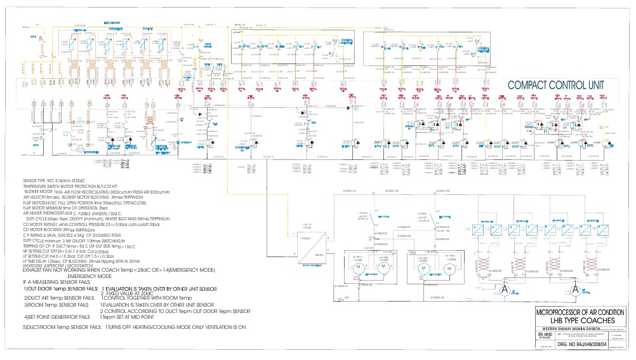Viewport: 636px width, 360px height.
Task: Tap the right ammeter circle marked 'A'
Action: pyautogui.click(x=575, y=290)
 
